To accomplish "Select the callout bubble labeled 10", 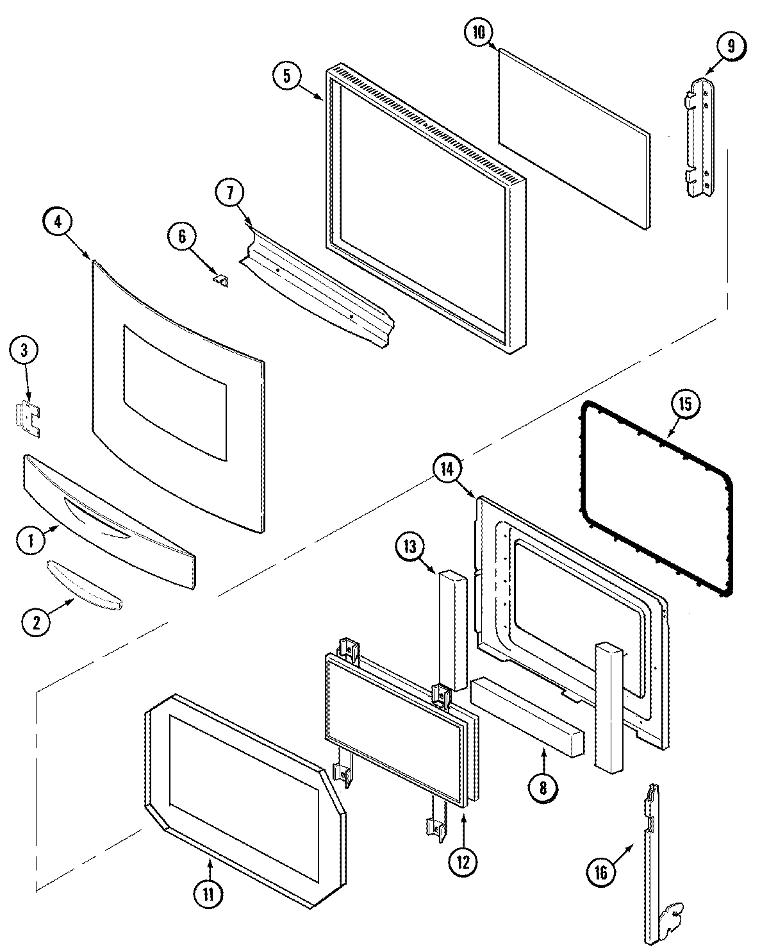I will point(479,33).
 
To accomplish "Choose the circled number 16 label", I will point(600,871).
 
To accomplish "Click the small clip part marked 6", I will point(221,281).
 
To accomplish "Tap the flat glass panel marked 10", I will point(574,138).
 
